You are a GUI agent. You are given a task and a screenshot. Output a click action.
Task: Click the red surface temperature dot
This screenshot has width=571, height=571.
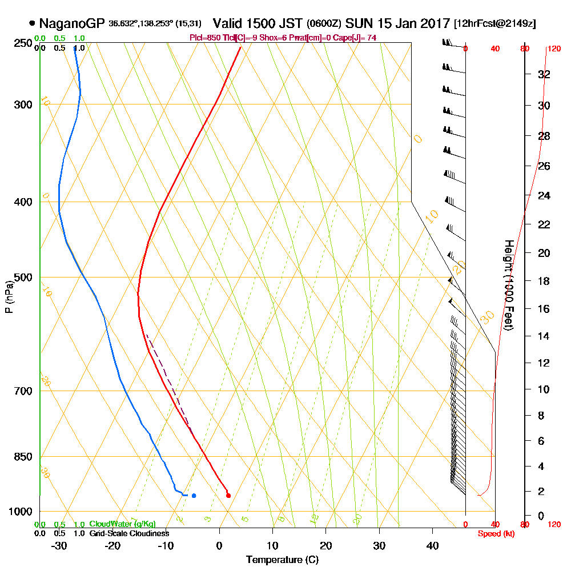click(228, 495)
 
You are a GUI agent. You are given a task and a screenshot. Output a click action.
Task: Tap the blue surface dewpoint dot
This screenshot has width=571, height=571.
click(194, 495)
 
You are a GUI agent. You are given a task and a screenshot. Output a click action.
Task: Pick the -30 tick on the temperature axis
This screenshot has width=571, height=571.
click(59, 545)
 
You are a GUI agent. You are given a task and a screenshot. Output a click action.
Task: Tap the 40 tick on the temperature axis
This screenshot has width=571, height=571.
click(432, 545)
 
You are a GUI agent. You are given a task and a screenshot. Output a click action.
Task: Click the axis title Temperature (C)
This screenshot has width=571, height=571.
click(282, 560)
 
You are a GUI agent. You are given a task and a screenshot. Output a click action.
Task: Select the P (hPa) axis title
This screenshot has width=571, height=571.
click(9, 296)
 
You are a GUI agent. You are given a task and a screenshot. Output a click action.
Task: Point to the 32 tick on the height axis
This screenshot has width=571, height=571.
click(544, 74)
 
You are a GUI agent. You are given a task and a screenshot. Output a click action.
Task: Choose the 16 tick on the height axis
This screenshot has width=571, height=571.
click(544, 309)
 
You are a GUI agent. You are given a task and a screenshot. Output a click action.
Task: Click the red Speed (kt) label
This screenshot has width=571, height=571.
click(494, 533)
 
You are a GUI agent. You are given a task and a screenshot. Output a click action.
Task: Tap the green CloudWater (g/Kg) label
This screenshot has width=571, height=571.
click(122, 524)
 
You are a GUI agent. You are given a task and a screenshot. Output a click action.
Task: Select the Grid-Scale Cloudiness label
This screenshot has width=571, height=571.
click(129, 533)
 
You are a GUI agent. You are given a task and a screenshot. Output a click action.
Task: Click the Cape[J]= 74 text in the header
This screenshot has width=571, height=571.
click(354, 38)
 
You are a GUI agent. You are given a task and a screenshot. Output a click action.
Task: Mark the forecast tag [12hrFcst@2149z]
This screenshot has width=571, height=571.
click(494, 24)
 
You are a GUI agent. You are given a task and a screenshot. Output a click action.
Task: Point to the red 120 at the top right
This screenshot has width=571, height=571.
click(554, 49)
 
